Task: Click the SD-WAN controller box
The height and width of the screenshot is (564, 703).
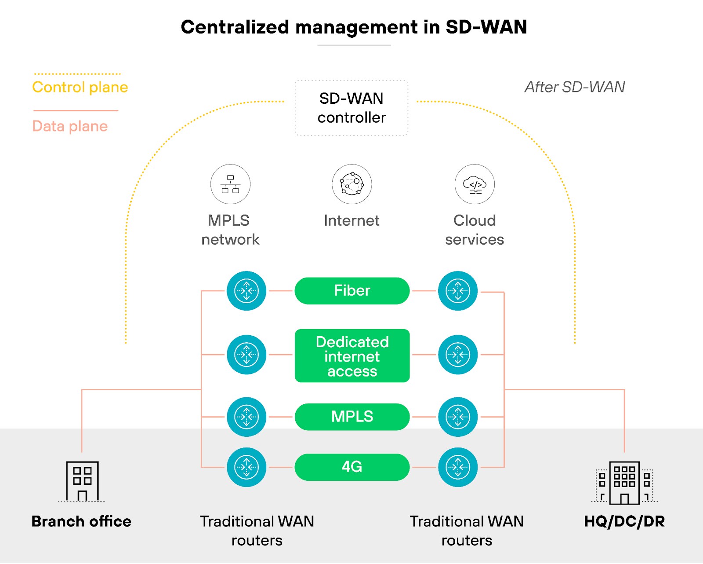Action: (x=351, y=108)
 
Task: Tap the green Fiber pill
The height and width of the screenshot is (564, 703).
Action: (x=352, y=291)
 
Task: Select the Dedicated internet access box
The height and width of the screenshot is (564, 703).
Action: (x=352, y=356)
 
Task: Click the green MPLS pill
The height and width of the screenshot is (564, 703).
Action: (x=352, y=417)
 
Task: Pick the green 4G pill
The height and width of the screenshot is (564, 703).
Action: (x=352, y=467)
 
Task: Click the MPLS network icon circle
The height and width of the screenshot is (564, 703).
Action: (x=230, y=184)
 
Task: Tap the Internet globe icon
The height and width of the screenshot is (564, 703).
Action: (x=351, y=184)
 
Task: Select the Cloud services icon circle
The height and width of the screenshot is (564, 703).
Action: (x=475, y=184)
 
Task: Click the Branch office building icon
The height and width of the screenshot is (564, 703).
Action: (x=82, y=481)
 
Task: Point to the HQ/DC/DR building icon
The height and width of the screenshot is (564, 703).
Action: (x=624, y=482)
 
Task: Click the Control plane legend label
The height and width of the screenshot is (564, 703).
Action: (x=80, y=87)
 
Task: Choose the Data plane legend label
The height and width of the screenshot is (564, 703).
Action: (x=70, y=126)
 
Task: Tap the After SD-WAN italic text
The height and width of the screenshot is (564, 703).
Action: (x=575, y=87)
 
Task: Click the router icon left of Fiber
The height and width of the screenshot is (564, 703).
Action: (x=246, y=291)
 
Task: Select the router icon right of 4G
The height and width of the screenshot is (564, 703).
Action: (x=458, y=467)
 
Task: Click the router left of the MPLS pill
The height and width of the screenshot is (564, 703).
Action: (x=246, y=417)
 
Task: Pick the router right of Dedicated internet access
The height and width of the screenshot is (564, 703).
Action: (x=458, y=355)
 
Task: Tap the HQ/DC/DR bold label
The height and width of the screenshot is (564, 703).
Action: (x=624, y=521)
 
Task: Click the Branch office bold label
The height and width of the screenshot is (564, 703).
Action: (x=81, y=521)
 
